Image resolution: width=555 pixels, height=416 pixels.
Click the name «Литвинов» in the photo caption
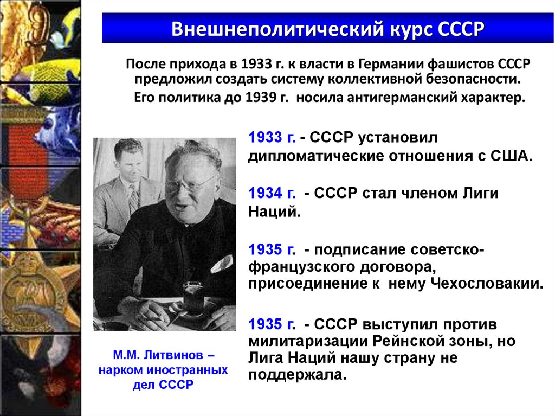[174, 356]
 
